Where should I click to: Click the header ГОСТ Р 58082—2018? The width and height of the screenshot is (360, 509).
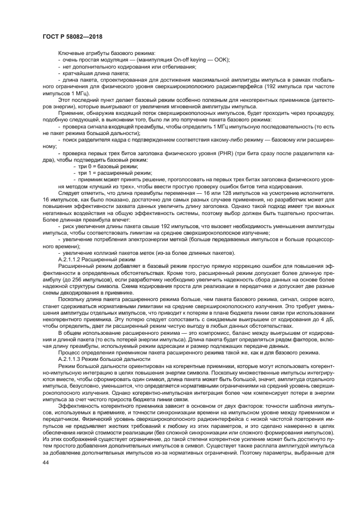click(72, 36)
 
